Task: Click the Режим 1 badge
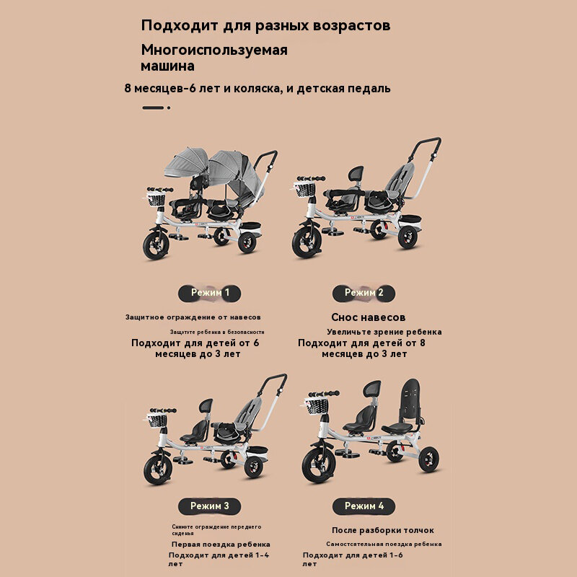click(x=209, y=293)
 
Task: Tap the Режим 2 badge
click(x=364, y=293)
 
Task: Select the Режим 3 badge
click(x=209, y=506)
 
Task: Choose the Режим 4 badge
click(x=364, y=506)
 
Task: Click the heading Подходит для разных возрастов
click(x=265, y=25)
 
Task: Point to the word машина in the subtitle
click(x=167, y=66)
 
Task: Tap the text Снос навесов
click(x=368, y=317)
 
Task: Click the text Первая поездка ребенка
click(x=221, y=545)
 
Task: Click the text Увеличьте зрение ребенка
click(x=384, y=332)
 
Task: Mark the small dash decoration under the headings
click(x=156, y=107)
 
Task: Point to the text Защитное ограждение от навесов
click(x=193, y=317)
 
